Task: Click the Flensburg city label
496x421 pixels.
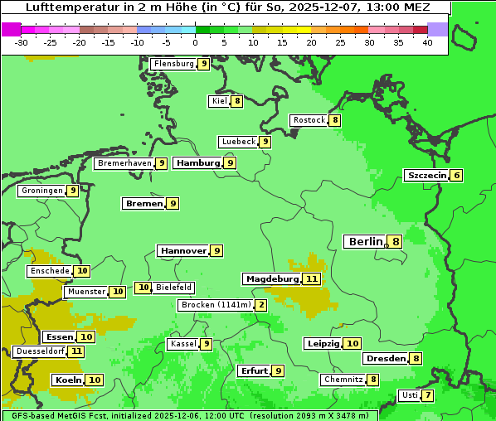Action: point(173,63)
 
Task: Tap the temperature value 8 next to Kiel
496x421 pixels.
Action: point(237,101)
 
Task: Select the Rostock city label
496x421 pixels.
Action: point(309,120)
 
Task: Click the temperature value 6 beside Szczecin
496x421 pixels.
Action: point(456,175)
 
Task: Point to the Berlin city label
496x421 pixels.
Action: point(365,241)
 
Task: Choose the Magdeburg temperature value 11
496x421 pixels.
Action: point(312,278)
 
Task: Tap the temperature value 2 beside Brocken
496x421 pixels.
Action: point(261,305)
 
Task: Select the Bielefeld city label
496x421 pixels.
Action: point(174,288)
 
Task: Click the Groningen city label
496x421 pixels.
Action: point(41,191)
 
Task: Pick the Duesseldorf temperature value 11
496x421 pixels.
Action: point(76,351)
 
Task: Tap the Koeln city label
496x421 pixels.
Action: point(67,380)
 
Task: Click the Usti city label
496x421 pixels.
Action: point(408,395)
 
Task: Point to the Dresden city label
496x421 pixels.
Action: point(386,359)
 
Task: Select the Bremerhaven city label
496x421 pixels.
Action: point(124,163)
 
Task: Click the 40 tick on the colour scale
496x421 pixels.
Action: point(427,43)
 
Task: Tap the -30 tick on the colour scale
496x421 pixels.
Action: point(22,43)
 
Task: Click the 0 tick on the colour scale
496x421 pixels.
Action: point(196,43)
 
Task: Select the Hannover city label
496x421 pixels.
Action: point(183,250)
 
